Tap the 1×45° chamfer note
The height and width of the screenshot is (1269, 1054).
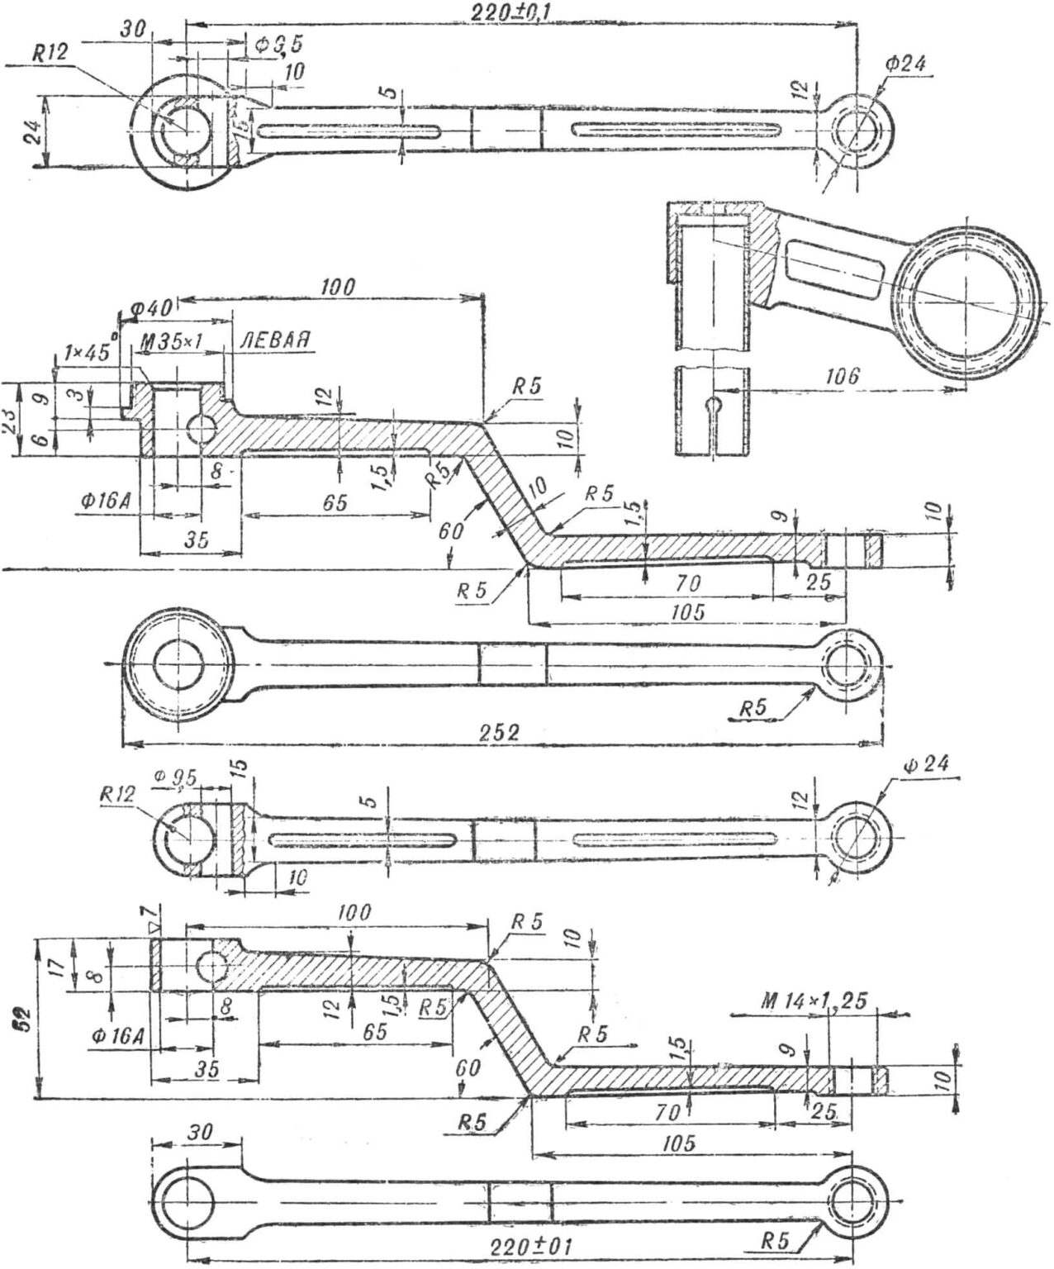80,351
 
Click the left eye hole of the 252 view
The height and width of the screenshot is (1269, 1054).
177,664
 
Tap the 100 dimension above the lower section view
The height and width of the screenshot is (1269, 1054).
355,913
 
